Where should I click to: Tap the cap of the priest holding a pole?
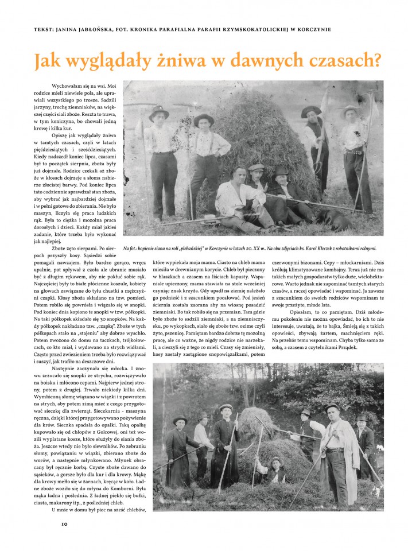[226, 408]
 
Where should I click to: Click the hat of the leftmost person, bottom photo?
[180, 420]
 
